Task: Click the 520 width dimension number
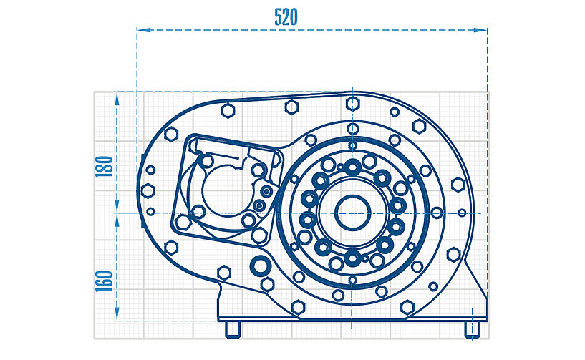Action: pyautogui.click(x=286, y=17)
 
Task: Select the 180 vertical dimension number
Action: pyautogui.click(x=105, y=167)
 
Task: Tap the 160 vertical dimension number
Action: pyautogui.click(x=105, y=281)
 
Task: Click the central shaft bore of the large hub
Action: pyautogui.click(x=352, y=213)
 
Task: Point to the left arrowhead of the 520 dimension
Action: pyautogui.click(x=144, y=30)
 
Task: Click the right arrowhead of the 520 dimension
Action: pyautogui.click(x=480, y=30)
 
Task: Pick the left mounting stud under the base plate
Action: pyautogui.click(x=233, y=329)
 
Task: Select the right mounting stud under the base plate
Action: pyautogui.click(x=473, y=329)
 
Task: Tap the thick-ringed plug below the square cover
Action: pyautogui.click(x=260, y=266)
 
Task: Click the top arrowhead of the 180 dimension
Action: pyautogui.click(x=117, y=99)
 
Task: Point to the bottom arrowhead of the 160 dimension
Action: pyautogui.click(x=117, y=314)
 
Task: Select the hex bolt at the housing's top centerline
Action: pyautogui.click(x=352, y=104)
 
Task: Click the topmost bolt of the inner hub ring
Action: pyautogui.click(x=352, y=167)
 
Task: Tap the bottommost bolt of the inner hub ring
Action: pyautogui.click(x=352, y=258)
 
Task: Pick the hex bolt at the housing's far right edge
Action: pyautogui.click(x=458, y=184)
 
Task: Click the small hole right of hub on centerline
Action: pyautogui.click(x=462, y=213)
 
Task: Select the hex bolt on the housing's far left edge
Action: pyautogui.click(x=148, y=191)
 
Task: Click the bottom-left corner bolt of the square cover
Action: pyautogui.click(x=183, y=223)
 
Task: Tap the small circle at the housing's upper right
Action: pyautogui.click(x=395, y=112)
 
